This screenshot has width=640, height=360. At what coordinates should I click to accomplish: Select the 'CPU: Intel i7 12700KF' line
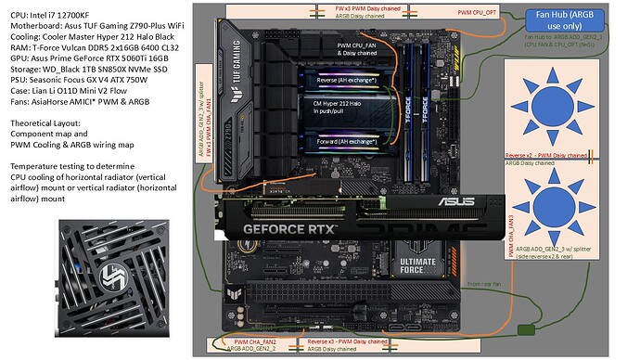click(x=53, y=9)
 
